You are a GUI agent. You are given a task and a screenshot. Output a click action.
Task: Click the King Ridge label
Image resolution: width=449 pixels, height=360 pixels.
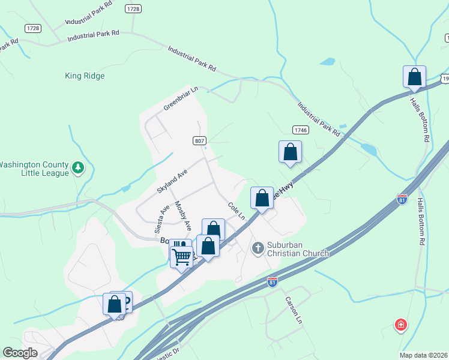click(x=85, y=76)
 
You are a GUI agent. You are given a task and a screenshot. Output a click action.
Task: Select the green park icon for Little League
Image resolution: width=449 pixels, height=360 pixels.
click(x=77, y=168)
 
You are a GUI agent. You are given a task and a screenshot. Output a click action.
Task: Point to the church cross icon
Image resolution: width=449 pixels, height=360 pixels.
click(x=258, y=248)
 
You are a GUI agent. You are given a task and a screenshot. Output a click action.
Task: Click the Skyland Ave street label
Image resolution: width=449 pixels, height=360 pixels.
click(x=172, y=181)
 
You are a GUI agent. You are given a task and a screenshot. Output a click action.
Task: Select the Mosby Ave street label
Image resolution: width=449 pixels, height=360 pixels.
click(x=182, y=217)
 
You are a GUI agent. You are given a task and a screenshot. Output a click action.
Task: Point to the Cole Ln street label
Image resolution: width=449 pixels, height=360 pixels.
click(x=237, y=211)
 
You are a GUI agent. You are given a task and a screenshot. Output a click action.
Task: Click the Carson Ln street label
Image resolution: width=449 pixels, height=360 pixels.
click(x=293, y=311)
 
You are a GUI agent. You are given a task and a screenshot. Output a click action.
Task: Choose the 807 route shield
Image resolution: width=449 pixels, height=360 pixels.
click(x=200, y=140)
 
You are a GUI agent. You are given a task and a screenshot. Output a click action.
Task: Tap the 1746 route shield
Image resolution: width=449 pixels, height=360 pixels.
click(x=301, y=130)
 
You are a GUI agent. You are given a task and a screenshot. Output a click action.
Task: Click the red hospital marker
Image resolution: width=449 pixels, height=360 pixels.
click(x=400, y=325)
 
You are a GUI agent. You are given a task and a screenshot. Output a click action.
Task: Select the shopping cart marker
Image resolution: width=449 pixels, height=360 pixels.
click(x=181, y=256)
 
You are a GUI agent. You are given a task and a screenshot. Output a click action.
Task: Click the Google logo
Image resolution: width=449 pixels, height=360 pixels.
click(x=20, y=353)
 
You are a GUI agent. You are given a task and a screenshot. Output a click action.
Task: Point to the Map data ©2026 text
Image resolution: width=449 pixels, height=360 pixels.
click(x=424, y=355)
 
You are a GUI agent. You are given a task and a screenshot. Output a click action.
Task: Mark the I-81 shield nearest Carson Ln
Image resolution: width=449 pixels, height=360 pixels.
click(x=273, y=281)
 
